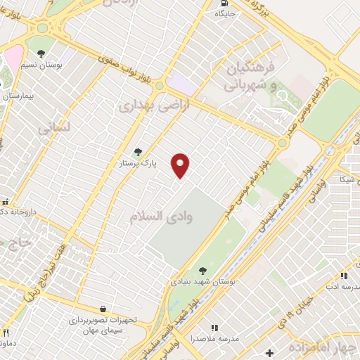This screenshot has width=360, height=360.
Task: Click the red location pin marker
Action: (181, 165)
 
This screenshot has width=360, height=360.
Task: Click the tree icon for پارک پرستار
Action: (138, 152)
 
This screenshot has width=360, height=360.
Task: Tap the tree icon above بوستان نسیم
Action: (41, 53)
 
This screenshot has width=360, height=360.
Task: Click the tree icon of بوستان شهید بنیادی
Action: (202, 270)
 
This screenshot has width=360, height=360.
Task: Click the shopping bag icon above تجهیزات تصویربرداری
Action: (103, 309)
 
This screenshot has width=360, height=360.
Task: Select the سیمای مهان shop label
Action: (103, 330)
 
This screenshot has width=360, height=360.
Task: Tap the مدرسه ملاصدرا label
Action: (215, 339)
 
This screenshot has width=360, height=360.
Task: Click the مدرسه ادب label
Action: (340, 288)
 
